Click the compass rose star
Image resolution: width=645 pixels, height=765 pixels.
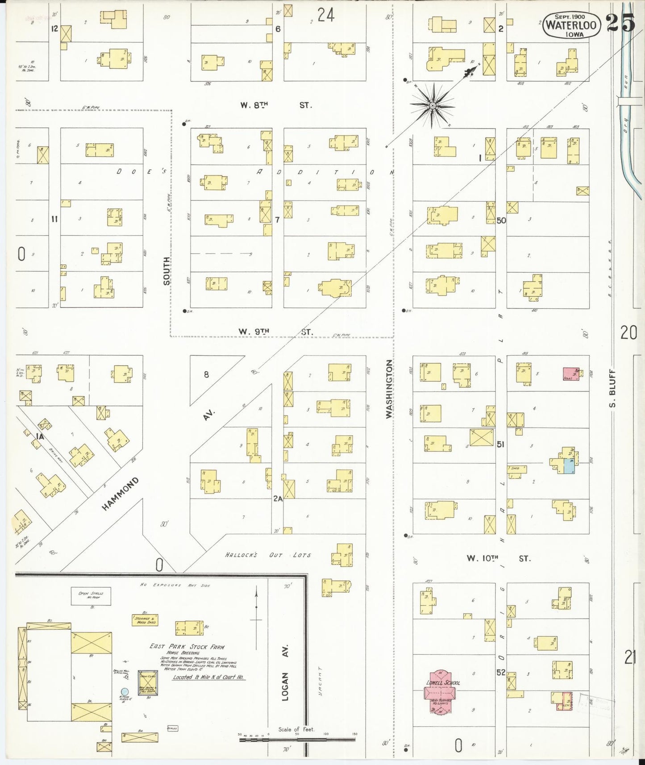tap(432, 106)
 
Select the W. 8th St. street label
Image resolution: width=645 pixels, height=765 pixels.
tap(275, 105)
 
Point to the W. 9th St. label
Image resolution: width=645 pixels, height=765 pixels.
tap(275, 332)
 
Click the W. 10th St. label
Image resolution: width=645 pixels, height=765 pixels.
tap(499, 558)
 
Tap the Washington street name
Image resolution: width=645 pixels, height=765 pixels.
tap(389, 389)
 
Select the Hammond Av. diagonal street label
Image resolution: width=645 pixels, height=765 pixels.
tap(120, 494)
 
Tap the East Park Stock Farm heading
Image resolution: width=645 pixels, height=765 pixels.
tap(187, 647)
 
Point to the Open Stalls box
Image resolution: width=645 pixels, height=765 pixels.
tap(91, 596)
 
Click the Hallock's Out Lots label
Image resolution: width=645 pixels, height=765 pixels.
tap(268, 555)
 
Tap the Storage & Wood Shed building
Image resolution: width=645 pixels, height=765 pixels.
tap(145, 620)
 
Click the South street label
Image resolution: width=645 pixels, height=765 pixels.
tap(166, 271)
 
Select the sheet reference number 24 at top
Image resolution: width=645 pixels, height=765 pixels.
tap(326, 16)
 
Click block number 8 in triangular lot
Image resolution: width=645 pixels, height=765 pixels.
tap(206, 374)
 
